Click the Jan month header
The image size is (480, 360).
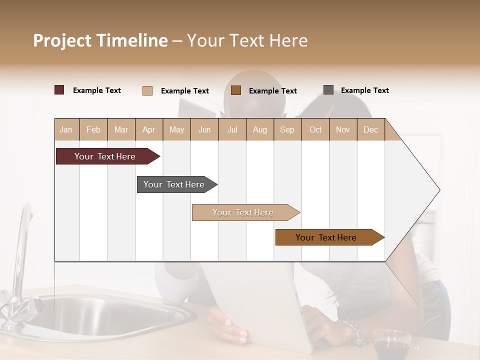tap(66, 129)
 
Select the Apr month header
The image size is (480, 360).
tap(149, 129)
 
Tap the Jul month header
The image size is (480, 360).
tap(232, 129)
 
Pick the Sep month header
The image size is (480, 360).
tap(287, 129)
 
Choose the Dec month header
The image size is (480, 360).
tap(370, 129)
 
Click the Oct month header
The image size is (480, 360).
tap(315, 129)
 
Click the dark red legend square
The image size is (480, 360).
tap(59, 90)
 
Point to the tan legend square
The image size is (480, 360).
tap(147, 90)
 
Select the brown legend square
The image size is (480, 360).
tap(236, 90)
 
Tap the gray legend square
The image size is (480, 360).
tap(328, 90)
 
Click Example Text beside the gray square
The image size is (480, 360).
tap(364, 90)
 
